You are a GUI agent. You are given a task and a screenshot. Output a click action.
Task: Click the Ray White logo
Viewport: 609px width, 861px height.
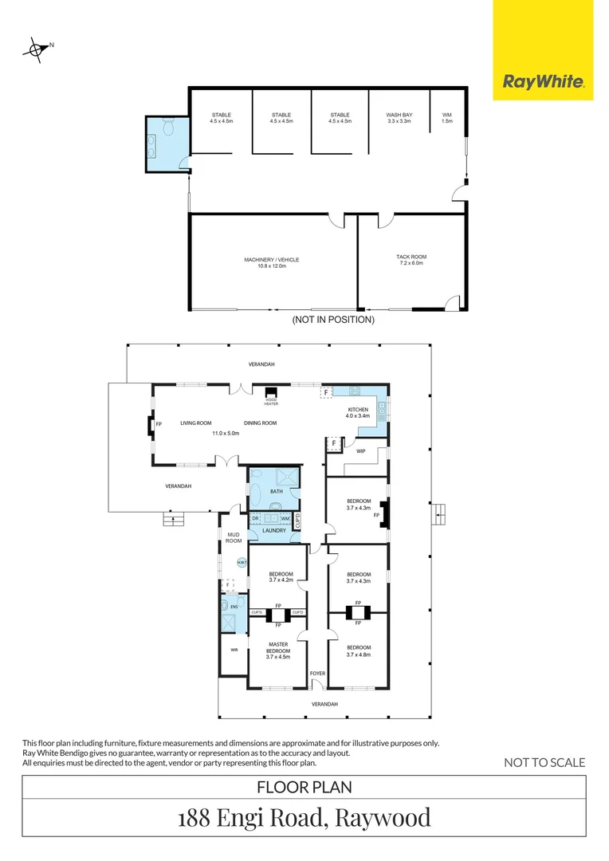click(x=543, y=81)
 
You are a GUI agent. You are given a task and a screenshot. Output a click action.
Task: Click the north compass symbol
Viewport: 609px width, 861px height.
click(x=36, y=49)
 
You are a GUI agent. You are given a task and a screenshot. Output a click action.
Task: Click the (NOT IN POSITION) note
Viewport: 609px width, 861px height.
click(x=333, y=320)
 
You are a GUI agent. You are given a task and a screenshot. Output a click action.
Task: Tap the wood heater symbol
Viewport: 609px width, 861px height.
click(x=271, y=393)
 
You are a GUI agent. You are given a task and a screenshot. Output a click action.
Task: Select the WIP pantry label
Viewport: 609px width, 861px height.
click(x=360, y=451)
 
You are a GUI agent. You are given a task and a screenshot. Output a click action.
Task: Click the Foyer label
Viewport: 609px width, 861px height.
click(x=318, y=674)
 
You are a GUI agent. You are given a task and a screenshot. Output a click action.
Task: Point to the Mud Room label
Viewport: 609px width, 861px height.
click(x=233, y=537)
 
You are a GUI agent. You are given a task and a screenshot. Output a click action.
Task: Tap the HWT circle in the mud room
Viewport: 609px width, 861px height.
click(x=242, y=563)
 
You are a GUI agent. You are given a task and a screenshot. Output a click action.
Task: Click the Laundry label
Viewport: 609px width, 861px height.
click(x=275, y=530)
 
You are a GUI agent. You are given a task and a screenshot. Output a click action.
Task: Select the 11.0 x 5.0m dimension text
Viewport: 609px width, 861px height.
click(x=226, y=433)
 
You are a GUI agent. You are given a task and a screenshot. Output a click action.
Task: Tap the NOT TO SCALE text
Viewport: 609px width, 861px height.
click(x=544, y=762)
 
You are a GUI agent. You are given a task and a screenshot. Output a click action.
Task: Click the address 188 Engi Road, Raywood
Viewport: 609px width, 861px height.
click(x=304, y=817)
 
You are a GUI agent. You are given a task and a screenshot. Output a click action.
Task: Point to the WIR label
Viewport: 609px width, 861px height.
click(x=234, y=650)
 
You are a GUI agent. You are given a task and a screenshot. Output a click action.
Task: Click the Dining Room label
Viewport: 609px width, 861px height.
click(x=260, y=423)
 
